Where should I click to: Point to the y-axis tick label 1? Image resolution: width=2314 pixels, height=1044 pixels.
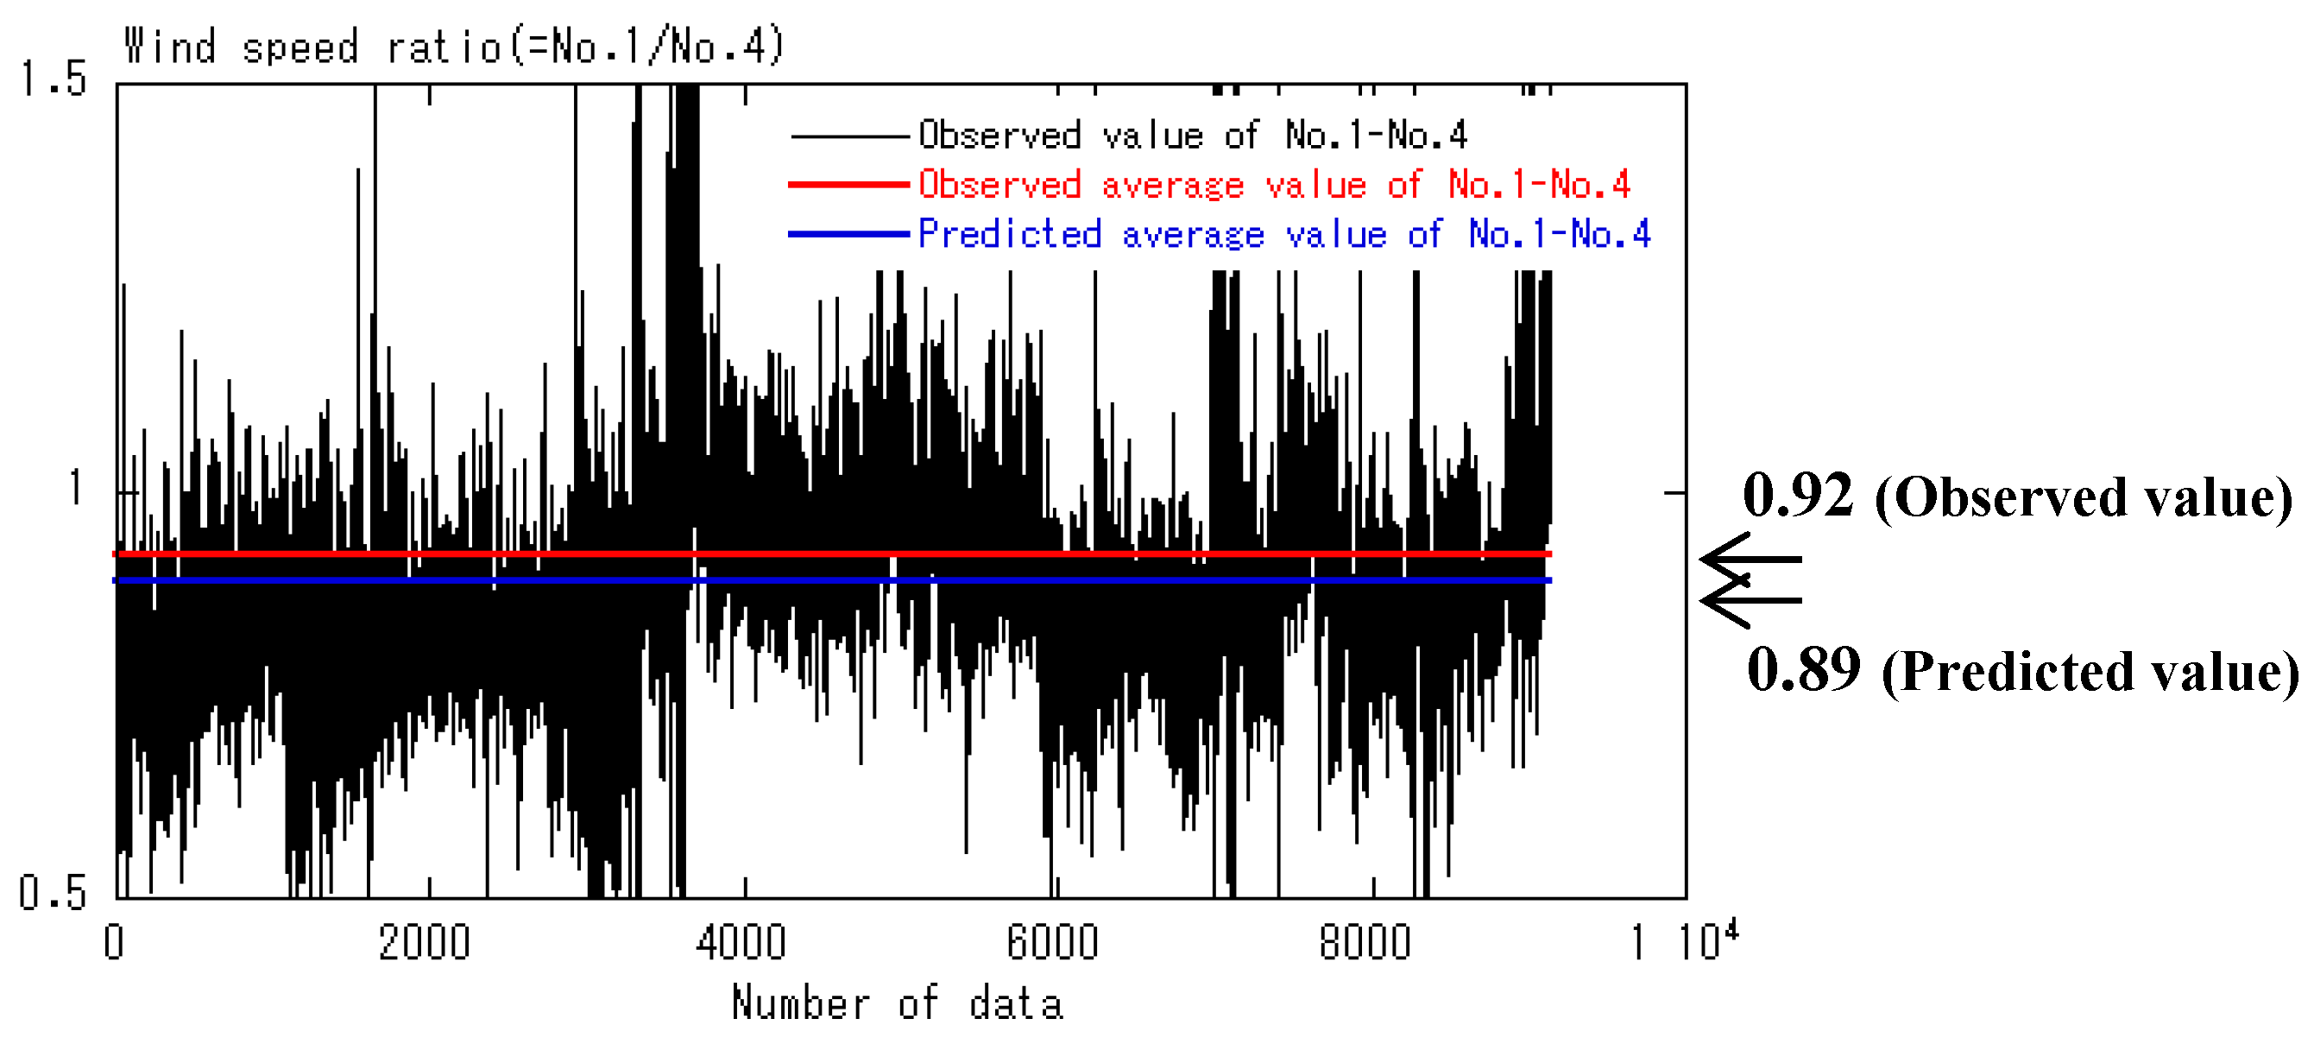[75, 488]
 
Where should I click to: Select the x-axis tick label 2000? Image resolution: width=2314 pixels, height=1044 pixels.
[424, 942]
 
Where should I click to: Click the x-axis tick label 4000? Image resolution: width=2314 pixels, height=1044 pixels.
[741, 942]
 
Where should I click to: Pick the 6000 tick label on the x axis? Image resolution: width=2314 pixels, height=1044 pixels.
[1053, 942]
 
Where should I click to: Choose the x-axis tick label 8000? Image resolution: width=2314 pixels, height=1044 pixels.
[1365, 942]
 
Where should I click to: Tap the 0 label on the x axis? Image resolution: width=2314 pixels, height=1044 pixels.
[114, 942]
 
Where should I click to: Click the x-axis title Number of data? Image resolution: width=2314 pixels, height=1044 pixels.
[898, 1003]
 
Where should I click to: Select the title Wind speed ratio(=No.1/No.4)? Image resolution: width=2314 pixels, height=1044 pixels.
[455, 47]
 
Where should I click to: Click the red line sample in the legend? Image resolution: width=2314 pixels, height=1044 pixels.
[849, 185]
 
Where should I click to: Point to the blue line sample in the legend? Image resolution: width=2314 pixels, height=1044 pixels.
[849, 235]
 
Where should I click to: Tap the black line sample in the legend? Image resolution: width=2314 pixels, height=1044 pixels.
[849, 136]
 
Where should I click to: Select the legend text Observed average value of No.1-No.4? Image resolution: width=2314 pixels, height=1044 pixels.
[1274, 185]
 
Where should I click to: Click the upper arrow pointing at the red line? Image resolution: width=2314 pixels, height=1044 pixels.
[1750, 560]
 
